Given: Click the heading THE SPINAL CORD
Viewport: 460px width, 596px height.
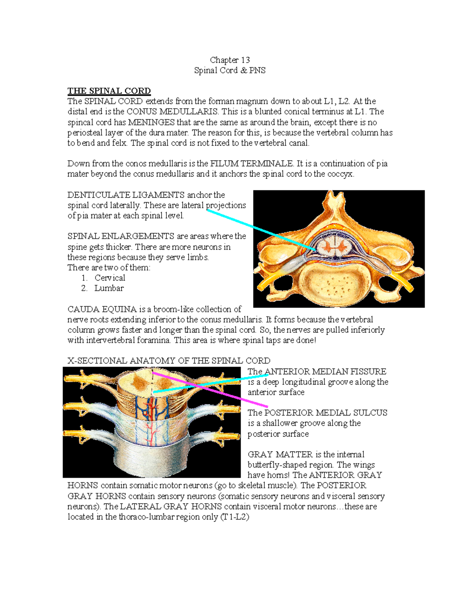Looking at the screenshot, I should (109, 91).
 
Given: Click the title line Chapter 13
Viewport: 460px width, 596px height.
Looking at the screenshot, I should (230, 60).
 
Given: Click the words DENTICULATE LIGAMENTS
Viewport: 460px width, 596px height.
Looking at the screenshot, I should (126, 195).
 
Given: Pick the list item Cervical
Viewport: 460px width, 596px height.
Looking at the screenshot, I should (110, 278).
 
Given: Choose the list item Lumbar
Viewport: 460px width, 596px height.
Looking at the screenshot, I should (109, 288).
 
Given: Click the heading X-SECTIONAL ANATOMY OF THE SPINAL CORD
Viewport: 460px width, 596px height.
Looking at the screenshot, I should (169, 361).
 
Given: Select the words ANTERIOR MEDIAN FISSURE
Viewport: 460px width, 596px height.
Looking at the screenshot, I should (325, 371).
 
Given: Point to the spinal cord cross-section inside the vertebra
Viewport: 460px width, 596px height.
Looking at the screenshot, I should (331, 246).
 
